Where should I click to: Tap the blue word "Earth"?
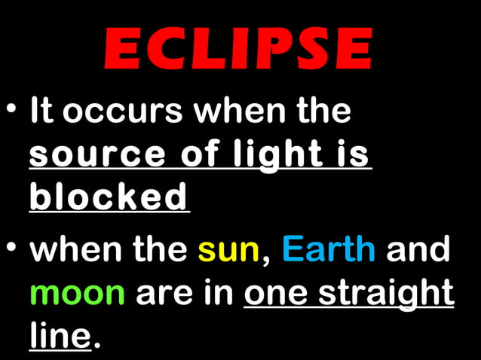[329, 250]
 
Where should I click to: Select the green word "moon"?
[77, 292]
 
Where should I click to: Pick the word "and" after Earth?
[419, 250]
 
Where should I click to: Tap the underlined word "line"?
[60, 334]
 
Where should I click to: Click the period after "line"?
[96, 346]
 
